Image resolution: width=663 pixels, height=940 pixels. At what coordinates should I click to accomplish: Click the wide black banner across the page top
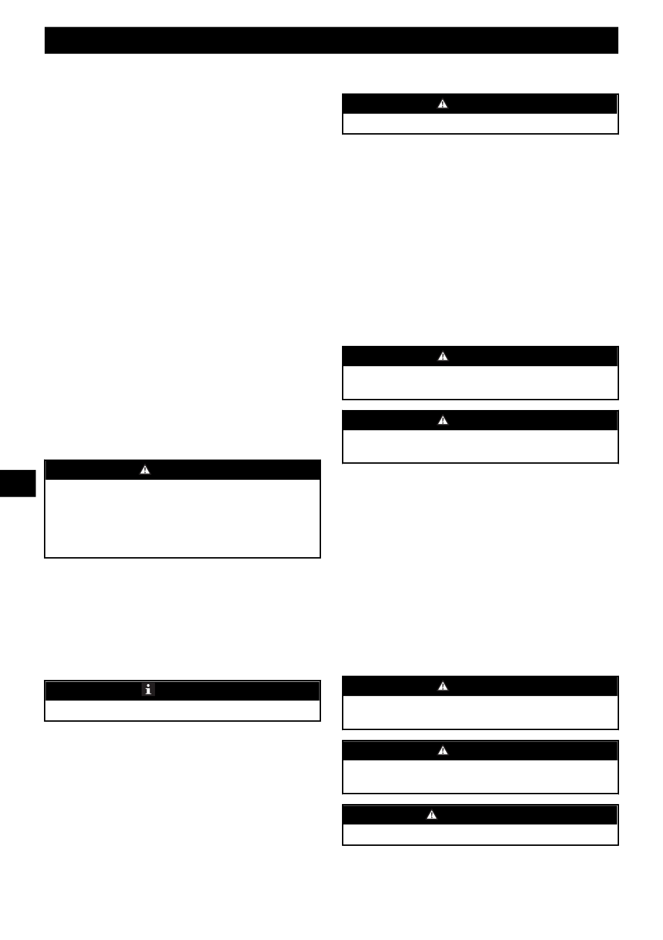[x=331, y=40]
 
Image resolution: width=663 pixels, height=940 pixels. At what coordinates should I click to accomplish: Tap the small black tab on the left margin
[x=17, y=483]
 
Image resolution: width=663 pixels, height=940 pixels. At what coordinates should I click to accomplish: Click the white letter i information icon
[x=148, y=690]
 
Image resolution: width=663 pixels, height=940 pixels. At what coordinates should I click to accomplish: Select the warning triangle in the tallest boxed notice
[x=145, y=469]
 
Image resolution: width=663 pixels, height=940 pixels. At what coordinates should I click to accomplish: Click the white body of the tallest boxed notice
[x=182, y=518]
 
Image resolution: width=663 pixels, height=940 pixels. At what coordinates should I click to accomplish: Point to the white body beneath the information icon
[x=182, y=711]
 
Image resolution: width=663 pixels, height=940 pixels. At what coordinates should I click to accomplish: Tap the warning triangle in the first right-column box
[x=442, y=104]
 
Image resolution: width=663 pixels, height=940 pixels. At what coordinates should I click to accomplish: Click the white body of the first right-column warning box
[x=480, y=123]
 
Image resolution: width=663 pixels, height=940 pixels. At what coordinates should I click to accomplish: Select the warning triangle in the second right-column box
[x=442, y=356]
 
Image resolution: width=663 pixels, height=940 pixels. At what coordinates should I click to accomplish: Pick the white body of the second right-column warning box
[x=480, y=382]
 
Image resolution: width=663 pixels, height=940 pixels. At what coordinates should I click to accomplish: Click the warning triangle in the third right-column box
[x=442, y=420]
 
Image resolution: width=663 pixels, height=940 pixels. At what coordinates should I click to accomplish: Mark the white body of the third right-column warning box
[x=480, y=446]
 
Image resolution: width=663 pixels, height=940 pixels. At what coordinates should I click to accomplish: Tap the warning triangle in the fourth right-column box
[x=442, y=686]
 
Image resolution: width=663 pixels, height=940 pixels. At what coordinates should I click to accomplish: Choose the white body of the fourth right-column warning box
[x=480, y=712]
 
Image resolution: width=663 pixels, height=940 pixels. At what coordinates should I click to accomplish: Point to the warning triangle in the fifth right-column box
[x=442, y=750]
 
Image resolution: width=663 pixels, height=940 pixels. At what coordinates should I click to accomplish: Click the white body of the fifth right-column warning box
[x=480, y=776]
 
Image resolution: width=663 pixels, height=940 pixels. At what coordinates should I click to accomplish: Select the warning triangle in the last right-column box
[x=432, y=814]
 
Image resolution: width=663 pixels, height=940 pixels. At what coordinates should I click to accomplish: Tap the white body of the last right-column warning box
[x=480, y=835]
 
